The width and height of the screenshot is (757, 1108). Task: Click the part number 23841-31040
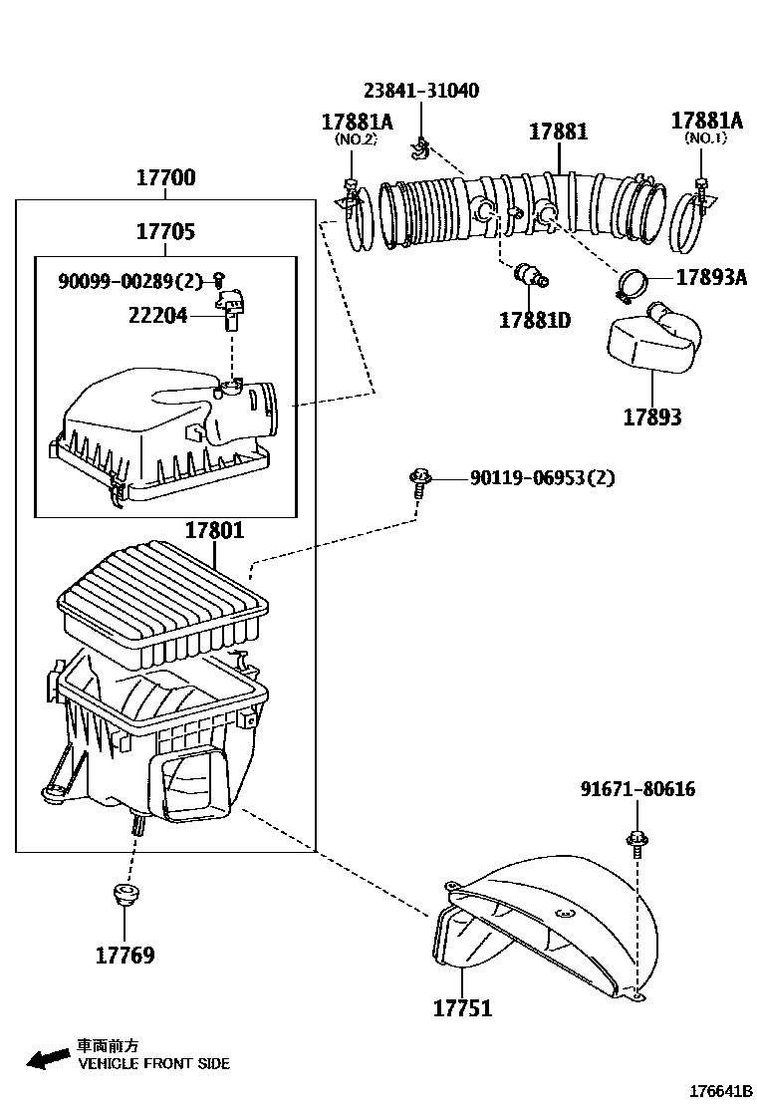420,91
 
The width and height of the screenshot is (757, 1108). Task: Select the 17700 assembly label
165,179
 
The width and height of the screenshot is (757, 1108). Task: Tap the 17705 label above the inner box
165,232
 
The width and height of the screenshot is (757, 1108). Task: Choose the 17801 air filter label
214,531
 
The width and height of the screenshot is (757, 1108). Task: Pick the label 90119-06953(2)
542,478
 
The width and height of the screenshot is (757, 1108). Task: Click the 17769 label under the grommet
125,956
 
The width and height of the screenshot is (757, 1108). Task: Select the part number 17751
462,1008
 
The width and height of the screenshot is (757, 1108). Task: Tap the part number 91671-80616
637,789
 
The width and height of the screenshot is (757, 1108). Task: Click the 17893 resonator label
652,416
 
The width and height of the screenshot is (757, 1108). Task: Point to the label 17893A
711,278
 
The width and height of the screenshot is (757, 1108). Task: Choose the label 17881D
535,321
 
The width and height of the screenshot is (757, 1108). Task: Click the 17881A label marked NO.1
706,121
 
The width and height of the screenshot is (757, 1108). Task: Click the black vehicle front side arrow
48,1059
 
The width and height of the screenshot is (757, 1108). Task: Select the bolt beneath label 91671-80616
635,841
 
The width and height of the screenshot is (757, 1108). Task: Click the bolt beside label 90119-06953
418,484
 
